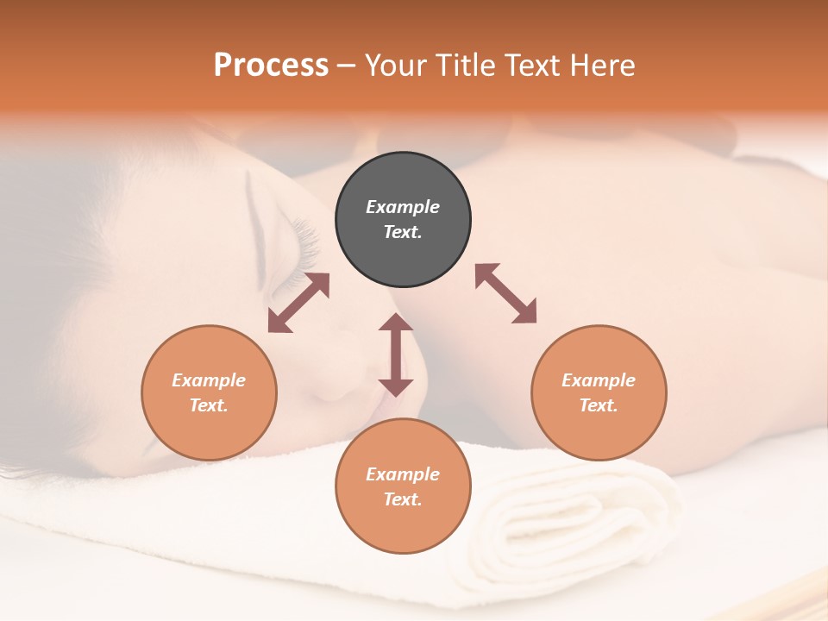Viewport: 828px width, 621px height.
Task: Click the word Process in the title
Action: (x=271, y=66)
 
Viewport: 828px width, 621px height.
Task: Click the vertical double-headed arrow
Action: (x=396, y=354)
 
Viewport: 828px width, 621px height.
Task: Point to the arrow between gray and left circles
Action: (x=298, y=303)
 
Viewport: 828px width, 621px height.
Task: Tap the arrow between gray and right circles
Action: (x=506, y=293)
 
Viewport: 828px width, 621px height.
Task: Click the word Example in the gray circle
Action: (x=403, y=207)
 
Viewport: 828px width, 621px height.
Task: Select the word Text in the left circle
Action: (x=209, y=405)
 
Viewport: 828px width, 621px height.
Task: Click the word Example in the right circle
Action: (x=599, y=380)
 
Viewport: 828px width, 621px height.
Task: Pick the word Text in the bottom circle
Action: (x=403, y=499)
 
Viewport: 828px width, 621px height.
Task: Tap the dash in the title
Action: (x=347, y=66)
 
